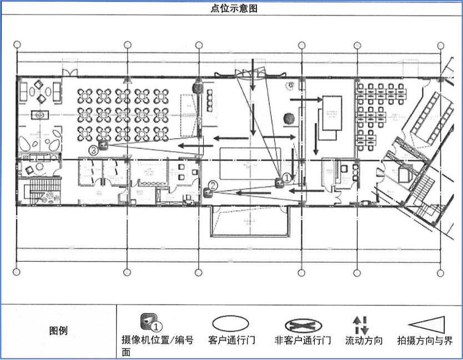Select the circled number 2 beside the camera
click(x=213, y=186)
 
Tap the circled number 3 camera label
click(x=94, y=150)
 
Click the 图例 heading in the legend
click(x=58, y=331)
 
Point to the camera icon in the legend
click(x=147, y=321)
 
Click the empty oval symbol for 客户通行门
click(x=228, y=323)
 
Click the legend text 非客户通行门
click(x=303, y=340)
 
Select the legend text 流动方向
click(x=364, y=340)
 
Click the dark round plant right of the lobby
click(x=288, y=118)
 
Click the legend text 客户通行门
click(x=228, y=340)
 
